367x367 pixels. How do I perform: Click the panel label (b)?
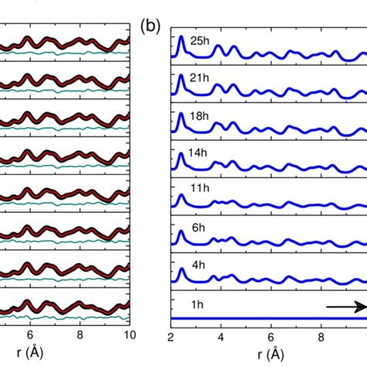tap(150, 26)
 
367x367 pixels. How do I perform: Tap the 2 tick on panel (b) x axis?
tap(170, 337)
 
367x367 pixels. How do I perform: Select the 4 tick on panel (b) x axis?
tap(221, 337)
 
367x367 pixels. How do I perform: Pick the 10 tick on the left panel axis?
tap(129, 337)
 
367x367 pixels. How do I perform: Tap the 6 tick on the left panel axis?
tap(29, 337)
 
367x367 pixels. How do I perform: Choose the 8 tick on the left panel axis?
tap(80, 337)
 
